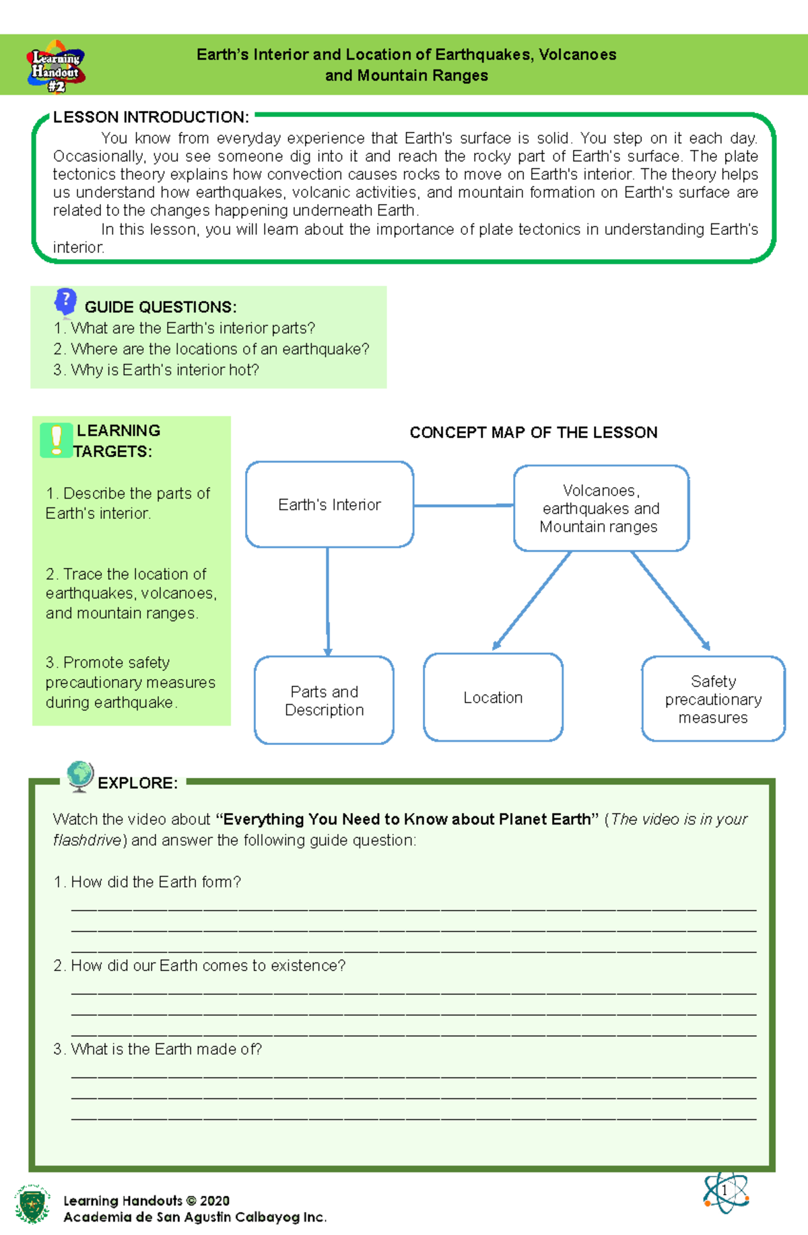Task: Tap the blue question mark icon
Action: pyautogui.click(x=65, y=301)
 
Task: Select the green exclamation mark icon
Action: pyautogui.click(x=56, y=441)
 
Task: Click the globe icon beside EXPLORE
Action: pyautogui.click(x=80, y=776)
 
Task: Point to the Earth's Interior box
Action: pyautogui.click(x=329, y=505)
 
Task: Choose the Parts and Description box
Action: pyautogui.click(x=324, y=701)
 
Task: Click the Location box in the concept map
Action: pyautogui.click(x=493, y=698)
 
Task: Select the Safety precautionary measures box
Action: pyautogui.click(x=713, y=699)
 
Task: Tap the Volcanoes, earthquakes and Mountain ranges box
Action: pyautogui.click(x=601, y=509)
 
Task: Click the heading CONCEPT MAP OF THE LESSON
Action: pyautogui.click(x=533, y=433)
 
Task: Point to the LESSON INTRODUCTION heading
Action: pyautogui.click(x=151, y=117)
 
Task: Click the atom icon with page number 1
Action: pyautogui.click(x=726, y=1191)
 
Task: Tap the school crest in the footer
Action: pyautogui.click(x=32, y=1204)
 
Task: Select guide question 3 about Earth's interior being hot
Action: pyautogui.click(x=156, y=370)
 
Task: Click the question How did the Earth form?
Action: pyautogui.click(x=147, y=882)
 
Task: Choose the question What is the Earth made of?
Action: pyautogui.click(x=158, y=1049)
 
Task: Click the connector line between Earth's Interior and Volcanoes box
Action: pyautogui.click(x=463, y=505)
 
